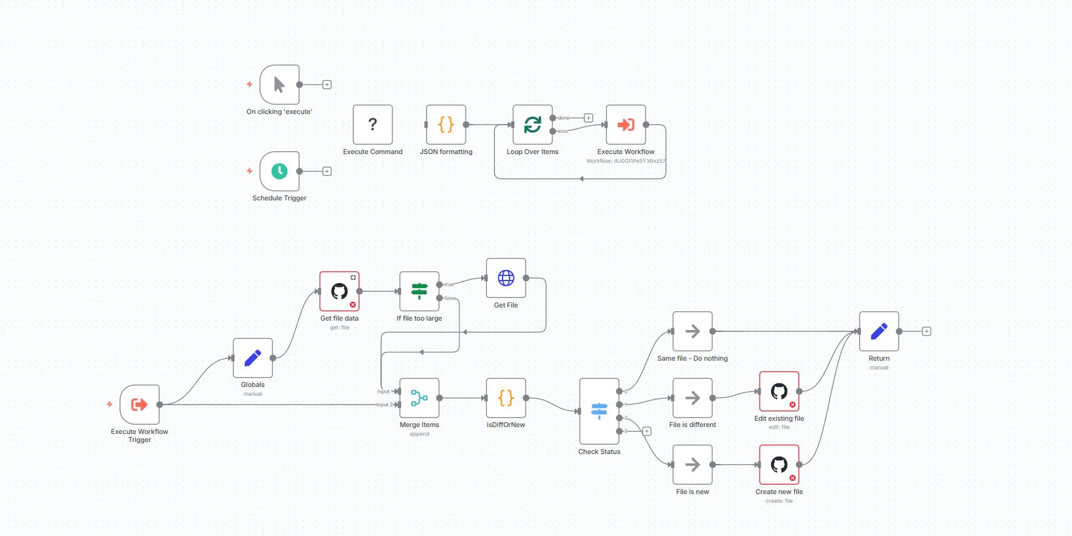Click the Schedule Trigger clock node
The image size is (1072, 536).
[279, 171]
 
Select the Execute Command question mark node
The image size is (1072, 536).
[372, 125]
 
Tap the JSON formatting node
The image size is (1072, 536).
[446, 125]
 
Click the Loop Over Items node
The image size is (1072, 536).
[533, 125]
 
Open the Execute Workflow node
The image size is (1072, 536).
[625, 125]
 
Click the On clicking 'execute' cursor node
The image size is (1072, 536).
[279, 85]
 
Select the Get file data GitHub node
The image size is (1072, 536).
[339, 291]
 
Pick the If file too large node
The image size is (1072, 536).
[419, 291]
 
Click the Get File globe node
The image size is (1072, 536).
[506, 278]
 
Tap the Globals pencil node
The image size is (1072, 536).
[253, 358]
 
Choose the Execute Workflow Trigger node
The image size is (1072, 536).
[140, 405]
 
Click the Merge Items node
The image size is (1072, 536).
[419, 398]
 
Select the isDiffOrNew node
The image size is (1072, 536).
[506, 398]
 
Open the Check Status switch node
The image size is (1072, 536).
[599, 411]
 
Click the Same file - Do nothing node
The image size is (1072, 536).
[692, 331]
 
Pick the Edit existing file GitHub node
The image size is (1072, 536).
[779, 391]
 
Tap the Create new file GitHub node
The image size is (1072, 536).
[779, 465]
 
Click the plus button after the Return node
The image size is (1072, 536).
[927, 331]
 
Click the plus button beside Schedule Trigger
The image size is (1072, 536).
[327, 171]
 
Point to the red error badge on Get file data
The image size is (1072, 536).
[353, 305]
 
